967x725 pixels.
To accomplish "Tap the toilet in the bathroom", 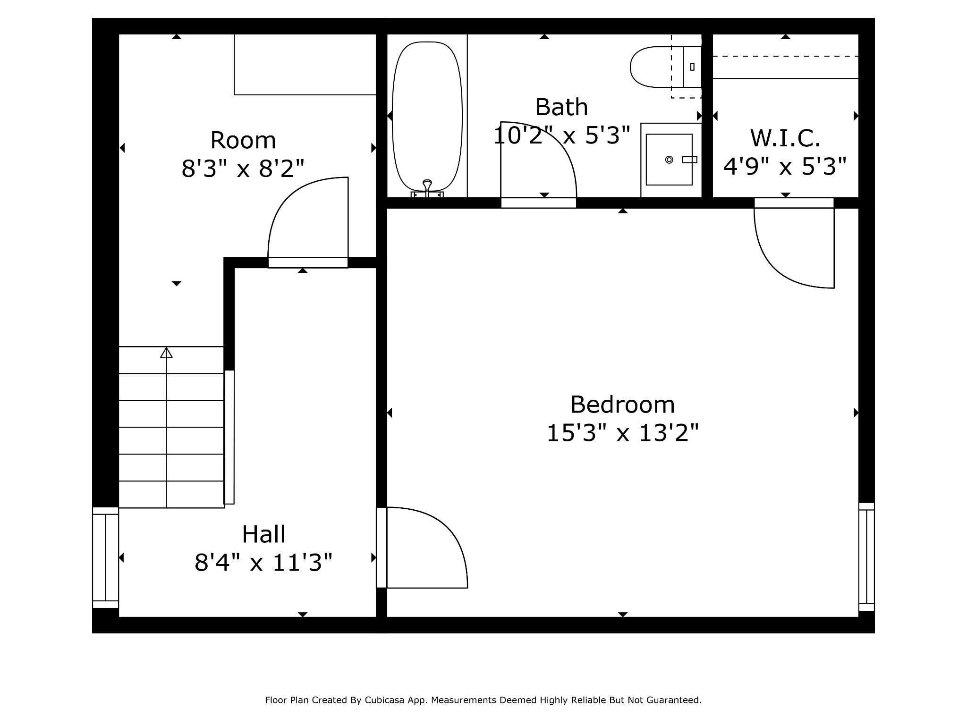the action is (665, 67).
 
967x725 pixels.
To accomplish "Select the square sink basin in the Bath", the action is (669, 160).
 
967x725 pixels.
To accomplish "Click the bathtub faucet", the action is (427, 188).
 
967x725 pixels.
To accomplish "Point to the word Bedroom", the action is (622, 405).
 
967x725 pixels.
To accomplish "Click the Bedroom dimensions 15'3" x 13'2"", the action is (622, 433).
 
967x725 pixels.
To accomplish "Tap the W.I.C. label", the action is (785, 138).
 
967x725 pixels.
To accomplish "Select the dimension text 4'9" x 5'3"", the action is (785, 166).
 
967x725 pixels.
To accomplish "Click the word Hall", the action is (263, 534).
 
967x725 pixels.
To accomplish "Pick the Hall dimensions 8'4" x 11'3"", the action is (263, 563).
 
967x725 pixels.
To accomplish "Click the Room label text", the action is (243, 140).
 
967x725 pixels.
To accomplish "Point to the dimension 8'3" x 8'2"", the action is (243, 169).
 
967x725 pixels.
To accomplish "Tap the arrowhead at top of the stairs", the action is (166, 352).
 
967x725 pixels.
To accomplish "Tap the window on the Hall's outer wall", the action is (105, 557).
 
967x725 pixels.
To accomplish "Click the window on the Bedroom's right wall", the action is (866, 557).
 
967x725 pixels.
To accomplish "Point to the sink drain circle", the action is (669, 160).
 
